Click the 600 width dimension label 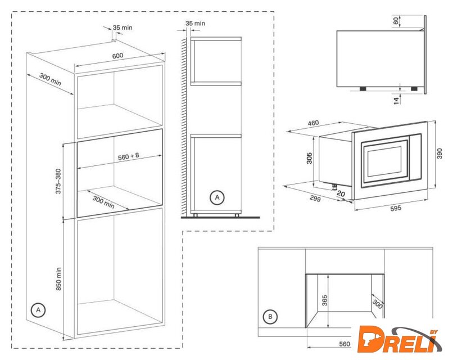(x=117, y=56)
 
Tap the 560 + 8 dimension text (x=129, y=157)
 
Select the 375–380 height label (x=58, y=181)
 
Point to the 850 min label (x=58, y=279)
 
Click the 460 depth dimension (x=313, y=123)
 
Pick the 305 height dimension (x=310, y=158)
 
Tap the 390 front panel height (x=440, y=154)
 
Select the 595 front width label (x=396, y=208)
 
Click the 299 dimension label (x=315, y=199)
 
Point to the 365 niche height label (x=325, y=301)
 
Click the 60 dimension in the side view (x=396, y=20)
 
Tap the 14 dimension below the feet (x=396, y=100)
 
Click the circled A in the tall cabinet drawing (x=38, y=310)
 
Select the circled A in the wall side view (x=217, y=197)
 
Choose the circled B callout (x=270, y=317)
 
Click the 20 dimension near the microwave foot (x=341, y=193)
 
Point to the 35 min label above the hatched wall (x=195, y=23)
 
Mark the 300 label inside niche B (x=378, y=304)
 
